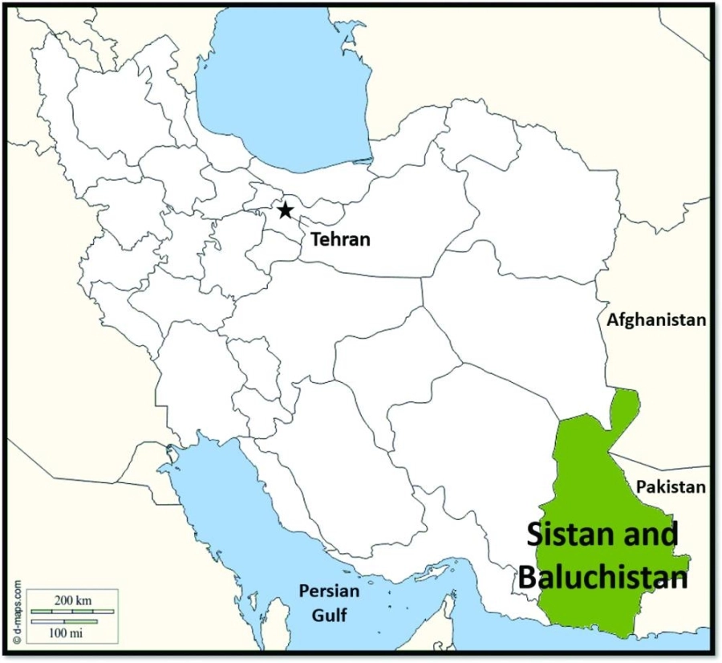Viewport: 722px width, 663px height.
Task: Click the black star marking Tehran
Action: click(285, 211)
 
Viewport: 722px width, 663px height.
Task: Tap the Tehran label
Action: click(340, 238)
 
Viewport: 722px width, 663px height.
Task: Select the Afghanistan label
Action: click(656, 319)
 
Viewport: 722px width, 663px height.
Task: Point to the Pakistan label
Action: click(671, 486)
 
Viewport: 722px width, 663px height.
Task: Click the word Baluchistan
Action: click(602, 576)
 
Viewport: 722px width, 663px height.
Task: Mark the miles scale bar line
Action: click(64, 620)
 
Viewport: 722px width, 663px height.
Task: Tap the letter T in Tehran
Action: click(316, 238)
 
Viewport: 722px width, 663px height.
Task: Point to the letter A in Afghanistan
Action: click(612, 319)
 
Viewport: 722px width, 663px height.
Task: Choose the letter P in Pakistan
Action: click(640, 486)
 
